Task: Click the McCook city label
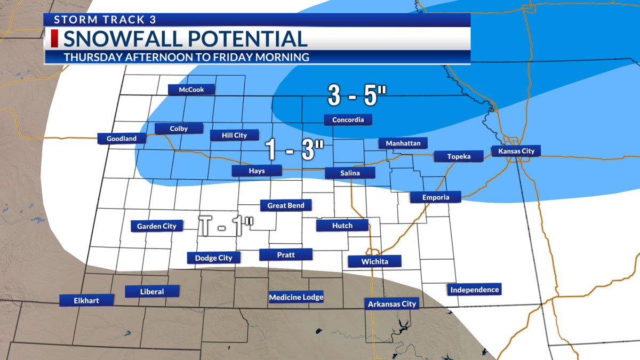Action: click(191, 90)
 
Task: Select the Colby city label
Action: click(179, 129)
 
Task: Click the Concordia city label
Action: click(348, 120)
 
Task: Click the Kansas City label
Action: click(516, 151)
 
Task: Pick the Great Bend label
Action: click(285, 205)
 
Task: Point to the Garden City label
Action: click(157, 226)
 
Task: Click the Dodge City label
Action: click(213, 258)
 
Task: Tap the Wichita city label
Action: click(374, 261)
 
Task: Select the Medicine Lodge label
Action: click(296, 297)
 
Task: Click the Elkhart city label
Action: click(86, 300)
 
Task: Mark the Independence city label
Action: click(474, 290)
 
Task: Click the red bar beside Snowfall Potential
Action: click(54, 39)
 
